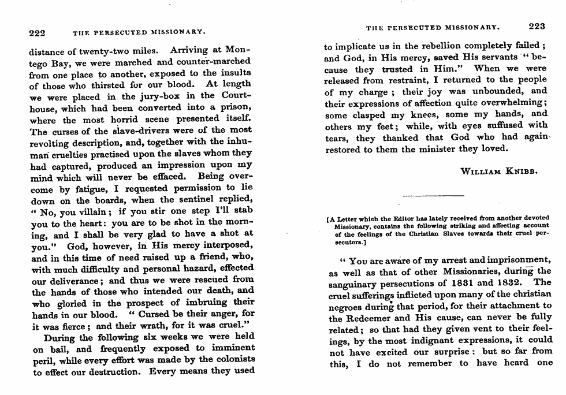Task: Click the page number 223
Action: [537, 26]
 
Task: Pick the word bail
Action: [60, 349]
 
